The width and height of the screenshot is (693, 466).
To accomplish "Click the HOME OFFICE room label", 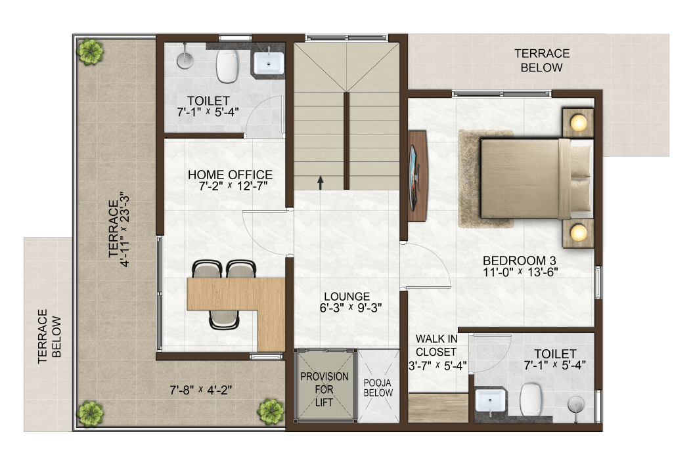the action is pyautogui.click(x=230, y=175).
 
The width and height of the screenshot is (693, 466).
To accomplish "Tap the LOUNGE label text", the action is pyautogui.click(x=347, y=297).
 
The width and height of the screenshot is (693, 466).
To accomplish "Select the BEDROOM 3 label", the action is pyautogui.click(x=520, y=261).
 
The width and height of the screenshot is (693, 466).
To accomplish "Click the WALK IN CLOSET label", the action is pyautogui.click(x=436, y=345).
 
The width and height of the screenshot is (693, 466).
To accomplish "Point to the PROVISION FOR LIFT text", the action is pyautogui.click(x=324, y=389).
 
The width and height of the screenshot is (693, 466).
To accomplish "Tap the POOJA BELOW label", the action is pyautogui.click(x=378, y=388).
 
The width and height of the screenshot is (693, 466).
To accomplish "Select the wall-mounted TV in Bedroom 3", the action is pyautogui.click(x=414, y=177).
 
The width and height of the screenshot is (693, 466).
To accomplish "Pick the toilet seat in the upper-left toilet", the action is pyautogui.click(x=228, y=66).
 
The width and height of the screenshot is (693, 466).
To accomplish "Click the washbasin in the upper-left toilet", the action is pyautogui.click(x=269, y=63).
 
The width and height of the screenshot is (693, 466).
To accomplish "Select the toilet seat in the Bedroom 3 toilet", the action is pyautogui.click(x=531, y=400).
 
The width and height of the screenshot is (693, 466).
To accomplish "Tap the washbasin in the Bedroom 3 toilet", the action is pyautogui.click(x=489, y=401).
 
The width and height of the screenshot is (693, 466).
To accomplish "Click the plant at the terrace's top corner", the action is pyautogui.click(x=90, y=51).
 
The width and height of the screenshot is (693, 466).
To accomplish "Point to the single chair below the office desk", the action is pyautogui.click(x=224, y=320).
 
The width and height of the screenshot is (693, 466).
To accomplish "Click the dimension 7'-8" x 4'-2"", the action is pyautogui.click(x=201, y=390).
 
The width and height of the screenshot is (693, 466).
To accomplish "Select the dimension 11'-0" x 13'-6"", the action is pyautogui.click(x=520, y=272).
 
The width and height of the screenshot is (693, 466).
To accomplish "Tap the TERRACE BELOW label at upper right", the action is pyautogui.click(x=542, y=60).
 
